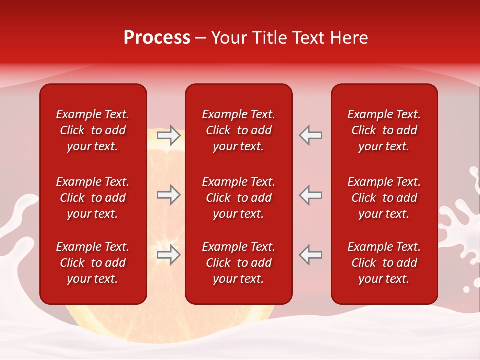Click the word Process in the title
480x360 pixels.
click(x=157, y=38)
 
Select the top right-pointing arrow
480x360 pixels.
click(x=168, y=135)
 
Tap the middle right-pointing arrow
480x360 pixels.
click(x=168, y=195)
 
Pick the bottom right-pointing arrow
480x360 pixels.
click(x=168, y=255)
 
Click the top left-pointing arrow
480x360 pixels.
click(x=311, y=135)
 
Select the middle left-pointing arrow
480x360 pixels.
click(x=311, y=195)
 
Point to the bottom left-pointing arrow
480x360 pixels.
click(x=311, y=255)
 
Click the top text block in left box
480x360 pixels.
click(x=93, y=130)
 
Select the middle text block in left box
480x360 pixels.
click(x=93, y=198)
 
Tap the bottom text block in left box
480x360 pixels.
click(x=93, y=263)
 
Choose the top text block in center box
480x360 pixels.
click(x=239, y=130)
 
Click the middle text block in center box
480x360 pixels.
click(x=239, y=198)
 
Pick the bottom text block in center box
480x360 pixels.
click(x=239, y=263)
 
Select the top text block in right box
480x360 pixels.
click(x=384, y=130)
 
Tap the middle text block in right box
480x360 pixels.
click(x=384, y=198)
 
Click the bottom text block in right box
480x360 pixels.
click(x=384, y=263)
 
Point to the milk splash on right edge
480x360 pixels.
click(x=462, y=220)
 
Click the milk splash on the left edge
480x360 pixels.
click(x=17, y=220)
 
